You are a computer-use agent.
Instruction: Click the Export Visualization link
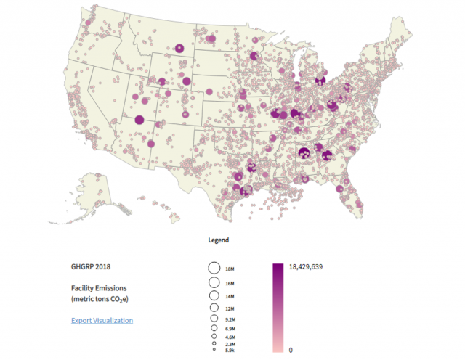click(102, 320)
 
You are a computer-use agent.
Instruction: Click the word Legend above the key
click(218, 240)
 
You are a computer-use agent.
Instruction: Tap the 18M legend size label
click(230, 269)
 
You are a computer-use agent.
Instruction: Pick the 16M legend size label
click(230, 283)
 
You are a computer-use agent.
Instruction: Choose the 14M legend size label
click(230, 297)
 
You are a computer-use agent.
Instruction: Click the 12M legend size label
click(230, 309)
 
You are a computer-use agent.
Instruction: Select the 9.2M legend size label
click(230, 319)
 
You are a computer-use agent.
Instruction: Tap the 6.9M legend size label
click(230, 329)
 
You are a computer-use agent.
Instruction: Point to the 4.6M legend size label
click(230, 337)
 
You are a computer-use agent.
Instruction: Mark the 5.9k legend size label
click(230, 351)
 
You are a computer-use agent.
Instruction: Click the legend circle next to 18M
click(214, 268)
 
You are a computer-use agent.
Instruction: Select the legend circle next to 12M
click(214, 308)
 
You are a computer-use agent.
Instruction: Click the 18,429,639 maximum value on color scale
click(305, 266)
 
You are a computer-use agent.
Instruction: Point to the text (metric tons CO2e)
click(102, 299)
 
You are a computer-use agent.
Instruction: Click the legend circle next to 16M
click(214, 282)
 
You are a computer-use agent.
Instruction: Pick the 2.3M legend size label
click(230, 345)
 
